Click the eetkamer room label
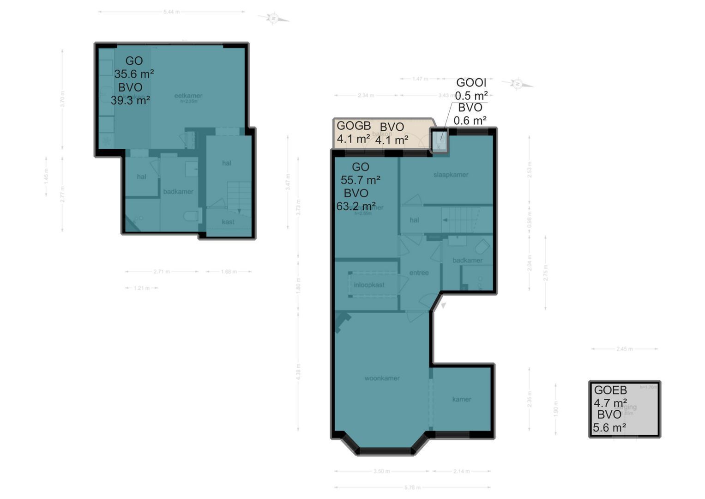[188, 96]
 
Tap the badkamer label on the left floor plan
[178, 191]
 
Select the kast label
[228, 222]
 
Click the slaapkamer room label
[451, 175]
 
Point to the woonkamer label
[382, 378]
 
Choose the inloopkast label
[369, 285]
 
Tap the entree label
[419, 273]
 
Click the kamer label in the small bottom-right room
[462, 399]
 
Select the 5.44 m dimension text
[171, 12]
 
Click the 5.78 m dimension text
[412, 487]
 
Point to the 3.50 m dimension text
[382, 471]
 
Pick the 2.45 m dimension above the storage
[624, 349]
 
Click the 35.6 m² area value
[134, 74]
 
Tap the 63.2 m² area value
[356, 206]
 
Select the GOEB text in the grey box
[610, 390]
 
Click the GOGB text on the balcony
[354, 126]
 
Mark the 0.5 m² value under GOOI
[471, 96]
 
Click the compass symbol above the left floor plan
[273, 18]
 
